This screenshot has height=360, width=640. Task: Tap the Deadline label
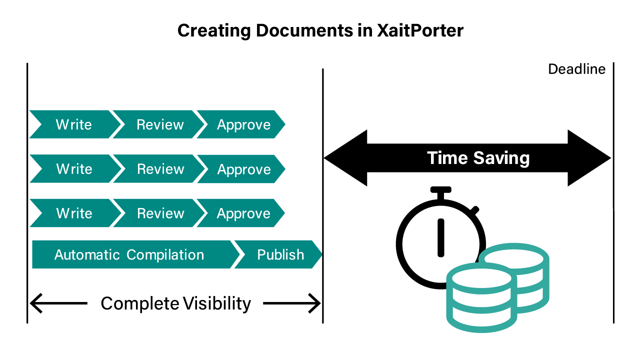[576, 69]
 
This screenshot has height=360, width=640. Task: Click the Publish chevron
[279, 255]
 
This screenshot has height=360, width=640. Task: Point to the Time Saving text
[478, 158]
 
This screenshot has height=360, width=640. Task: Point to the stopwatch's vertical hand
[441, 236]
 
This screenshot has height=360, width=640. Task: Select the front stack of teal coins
[479, 297]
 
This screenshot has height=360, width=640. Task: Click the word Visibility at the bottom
[217, 303]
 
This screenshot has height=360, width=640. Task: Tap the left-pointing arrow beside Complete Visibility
[58, 302]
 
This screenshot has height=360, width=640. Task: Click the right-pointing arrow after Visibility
[292, 302]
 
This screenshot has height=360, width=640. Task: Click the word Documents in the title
[303, 31]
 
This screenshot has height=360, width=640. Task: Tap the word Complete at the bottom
[140, 303]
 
